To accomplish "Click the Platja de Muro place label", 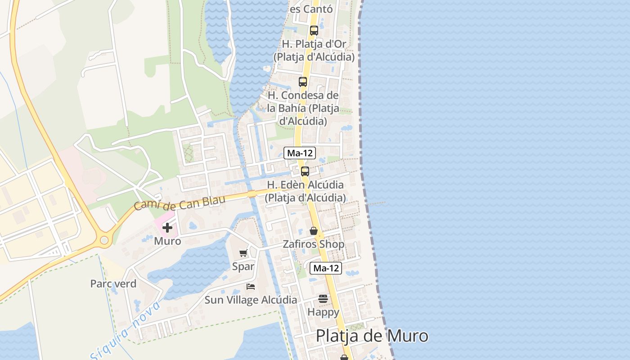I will tap(372, 336).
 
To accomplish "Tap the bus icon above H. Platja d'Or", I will tap(314, 31).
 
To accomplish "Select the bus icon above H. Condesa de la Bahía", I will tap(303, 82).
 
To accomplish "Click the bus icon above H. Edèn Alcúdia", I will tap(305, 171).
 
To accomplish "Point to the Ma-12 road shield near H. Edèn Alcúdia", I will tap(300, 153).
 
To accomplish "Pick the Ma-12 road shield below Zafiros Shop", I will tap(326, 268).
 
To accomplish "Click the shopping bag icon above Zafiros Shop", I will tap(314, 231).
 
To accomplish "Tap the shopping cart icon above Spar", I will tap(243, 253).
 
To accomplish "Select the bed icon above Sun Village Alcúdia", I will tap(251, 286).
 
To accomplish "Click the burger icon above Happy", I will tap(323, 298).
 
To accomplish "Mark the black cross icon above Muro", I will tap(167, 228).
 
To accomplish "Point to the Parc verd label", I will tap(113, 284).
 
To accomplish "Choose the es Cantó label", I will tap(311, 9).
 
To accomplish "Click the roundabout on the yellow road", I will tap(105, 240).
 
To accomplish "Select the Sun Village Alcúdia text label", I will tap(251, 300).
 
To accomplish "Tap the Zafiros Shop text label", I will tap(314, 244).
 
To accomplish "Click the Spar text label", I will tap(243, 266).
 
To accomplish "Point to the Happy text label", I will tap(323, 312).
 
